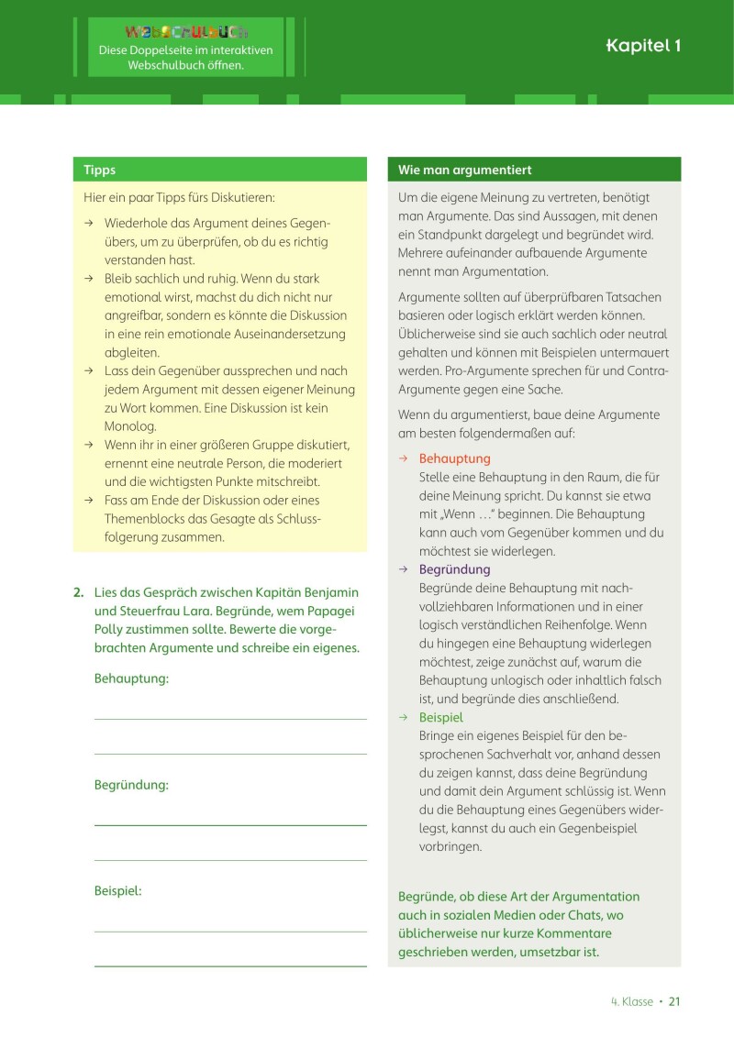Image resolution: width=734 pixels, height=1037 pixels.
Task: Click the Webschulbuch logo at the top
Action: [x=186, y=32]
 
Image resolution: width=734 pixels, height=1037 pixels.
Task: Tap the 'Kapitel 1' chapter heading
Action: [x=643, y=46]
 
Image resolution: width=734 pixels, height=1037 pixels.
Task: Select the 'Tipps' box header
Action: [x=100, y=170]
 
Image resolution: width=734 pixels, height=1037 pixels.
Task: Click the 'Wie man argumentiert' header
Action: [x=464, y=170]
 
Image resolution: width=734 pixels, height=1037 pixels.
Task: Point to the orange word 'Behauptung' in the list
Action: [x=454, y=458]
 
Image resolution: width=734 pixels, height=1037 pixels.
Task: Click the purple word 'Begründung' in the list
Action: [x=454, y=569]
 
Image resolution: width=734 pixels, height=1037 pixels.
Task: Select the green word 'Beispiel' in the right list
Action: [x=441, y=717]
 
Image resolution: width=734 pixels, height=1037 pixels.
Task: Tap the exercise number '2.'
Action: [x=79, y=592]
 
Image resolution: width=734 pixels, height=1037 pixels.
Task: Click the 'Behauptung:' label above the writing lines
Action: [x=131, y=678]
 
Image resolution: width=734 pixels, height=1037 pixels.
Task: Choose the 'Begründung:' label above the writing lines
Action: [x=131, y=785]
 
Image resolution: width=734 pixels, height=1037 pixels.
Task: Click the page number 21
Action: [x=674, y=1001]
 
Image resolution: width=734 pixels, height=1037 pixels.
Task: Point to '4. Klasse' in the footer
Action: [x=631, y=1001]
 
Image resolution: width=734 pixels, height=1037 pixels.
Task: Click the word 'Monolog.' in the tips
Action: [x=130, y=426]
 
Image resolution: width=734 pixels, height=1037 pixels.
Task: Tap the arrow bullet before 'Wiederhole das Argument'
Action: [x=89, y=224]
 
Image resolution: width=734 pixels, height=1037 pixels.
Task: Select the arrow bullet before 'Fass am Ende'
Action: [x=89, y=501]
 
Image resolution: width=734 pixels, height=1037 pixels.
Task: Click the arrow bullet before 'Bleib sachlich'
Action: [x=89, y=279]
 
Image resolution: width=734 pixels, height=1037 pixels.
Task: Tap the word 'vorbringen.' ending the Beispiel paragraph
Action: [x=450, y=846]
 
